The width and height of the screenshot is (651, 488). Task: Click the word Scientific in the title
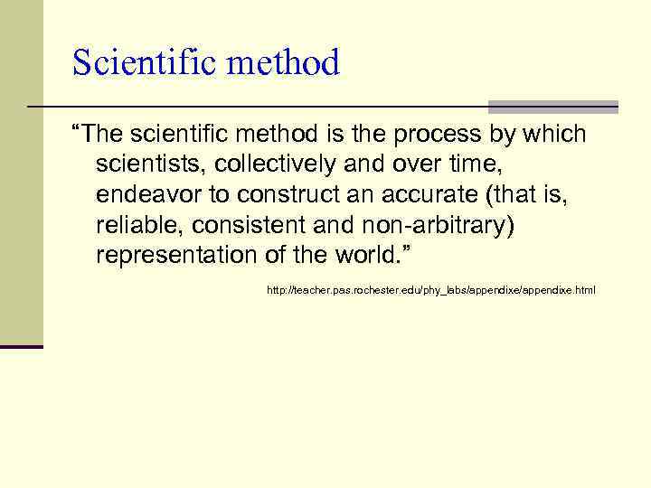[x=137, y=62]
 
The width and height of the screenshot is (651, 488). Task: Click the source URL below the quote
[x=430, y=290]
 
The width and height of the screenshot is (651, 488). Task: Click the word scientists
[x=151, y=164]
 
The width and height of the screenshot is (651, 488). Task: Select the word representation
[x=177, y=254]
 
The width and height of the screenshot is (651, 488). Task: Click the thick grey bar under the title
[x=552, y=107]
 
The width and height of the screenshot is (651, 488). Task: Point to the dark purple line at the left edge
[x=22, y=346]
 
